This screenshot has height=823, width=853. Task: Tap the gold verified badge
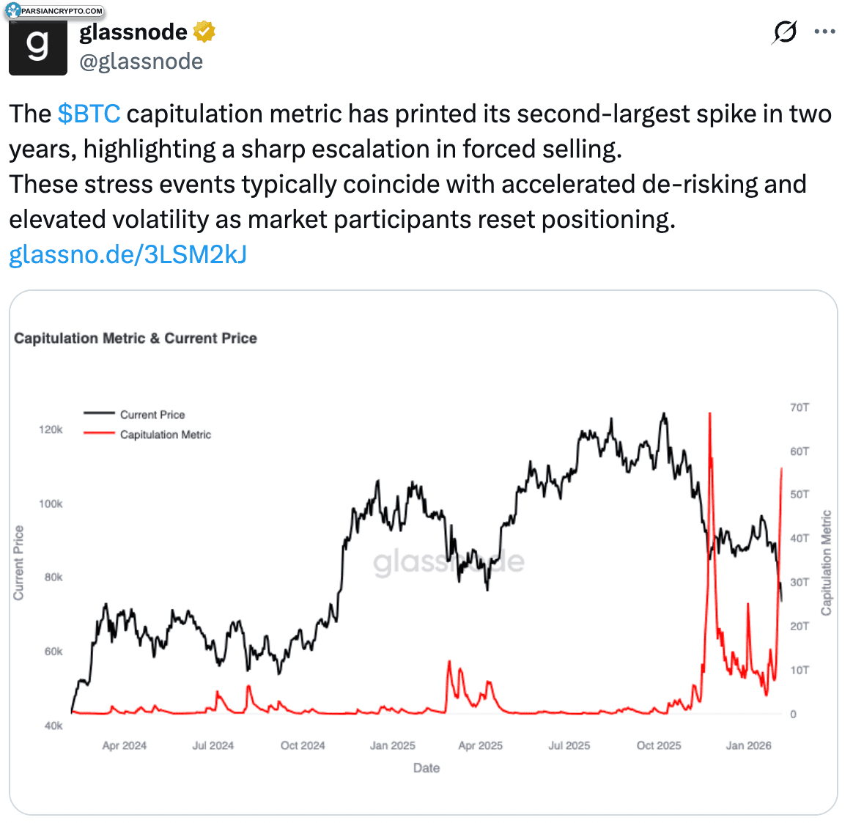204,32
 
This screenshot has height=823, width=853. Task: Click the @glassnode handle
141,62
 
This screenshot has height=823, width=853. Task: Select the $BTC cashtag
89,114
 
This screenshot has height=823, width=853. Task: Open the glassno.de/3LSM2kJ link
128,254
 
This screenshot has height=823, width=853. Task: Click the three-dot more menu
824,32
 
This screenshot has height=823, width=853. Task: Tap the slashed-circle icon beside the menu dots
784,32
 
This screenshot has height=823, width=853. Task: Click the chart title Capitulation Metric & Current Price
136,339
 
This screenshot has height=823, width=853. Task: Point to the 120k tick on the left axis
51,429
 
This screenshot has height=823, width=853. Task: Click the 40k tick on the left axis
53,726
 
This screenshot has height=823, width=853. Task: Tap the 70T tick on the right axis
800,407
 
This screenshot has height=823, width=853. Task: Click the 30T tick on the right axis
800,582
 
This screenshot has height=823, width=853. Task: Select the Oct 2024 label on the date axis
303,745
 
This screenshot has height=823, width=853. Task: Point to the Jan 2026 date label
748,745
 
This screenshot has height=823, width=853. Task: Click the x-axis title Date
426,767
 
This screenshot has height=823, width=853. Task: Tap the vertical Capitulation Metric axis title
827,562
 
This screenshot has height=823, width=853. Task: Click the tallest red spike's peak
710,413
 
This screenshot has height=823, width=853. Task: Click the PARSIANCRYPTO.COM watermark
55,10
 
